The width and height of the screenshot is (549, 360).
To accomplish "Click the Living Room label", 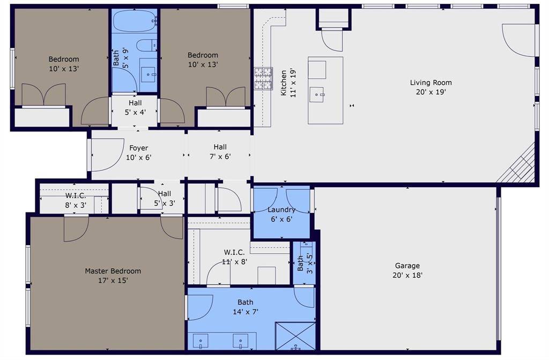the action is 431,83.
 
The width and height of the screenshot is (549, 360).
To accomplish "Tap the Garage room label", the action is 407,266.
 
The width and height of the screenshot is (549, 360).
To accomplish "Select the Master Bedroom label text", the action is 113,271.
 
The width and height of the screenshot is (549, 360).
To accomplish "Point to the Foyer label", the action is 139,148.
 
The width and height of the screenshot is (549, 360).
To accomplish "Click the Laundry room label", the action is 281,210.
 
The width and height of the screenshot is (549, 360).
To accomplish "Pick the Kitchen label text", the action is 284,83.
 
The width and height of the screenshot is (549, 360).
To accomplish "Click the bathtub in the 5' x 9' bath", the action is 135,21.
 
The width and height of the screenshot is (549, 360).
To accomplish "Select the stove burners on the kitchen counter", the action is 263,78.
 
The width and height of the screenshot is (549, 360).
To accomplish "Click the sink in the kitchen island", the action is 317,94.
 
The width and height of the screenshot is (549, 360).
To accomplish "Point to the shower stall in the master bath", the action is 295,336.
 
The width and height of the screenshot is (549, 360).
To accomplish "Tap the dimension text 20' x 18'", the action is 407,275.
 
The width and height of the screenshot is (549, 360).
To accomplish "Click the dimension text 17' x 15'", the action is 113,281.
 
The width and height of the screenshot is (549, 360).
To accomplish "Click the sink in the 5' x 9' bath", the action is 149,75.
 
